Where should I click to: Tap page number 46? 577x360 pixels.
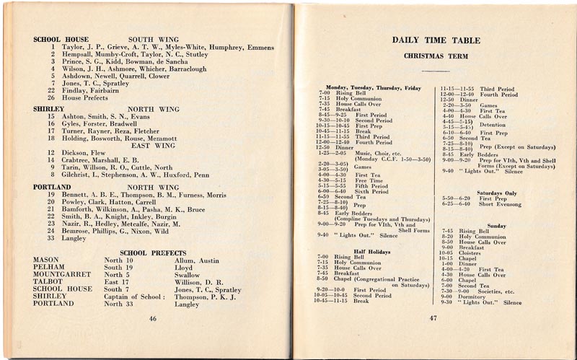152,318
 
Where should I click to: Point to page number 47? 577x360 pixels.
433,318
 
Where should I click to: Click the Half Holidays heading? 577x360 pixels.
372,251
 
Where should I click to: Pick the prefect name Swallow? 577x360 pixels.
187,274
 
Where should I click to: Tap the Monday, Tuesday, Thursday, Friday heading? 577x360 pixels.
373,87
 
